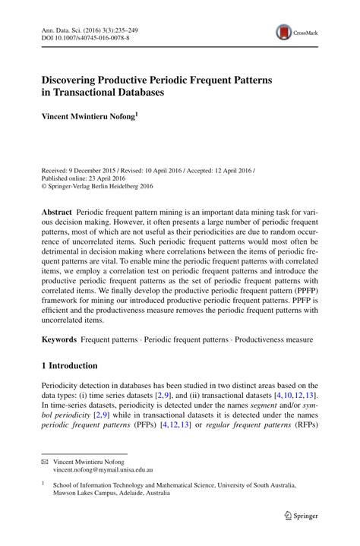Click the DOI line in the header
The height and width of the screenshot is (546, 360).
[x=84, y=36]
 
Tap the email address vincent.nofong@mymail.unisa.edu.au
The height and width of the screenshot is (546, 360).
[x=108, y=471]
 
